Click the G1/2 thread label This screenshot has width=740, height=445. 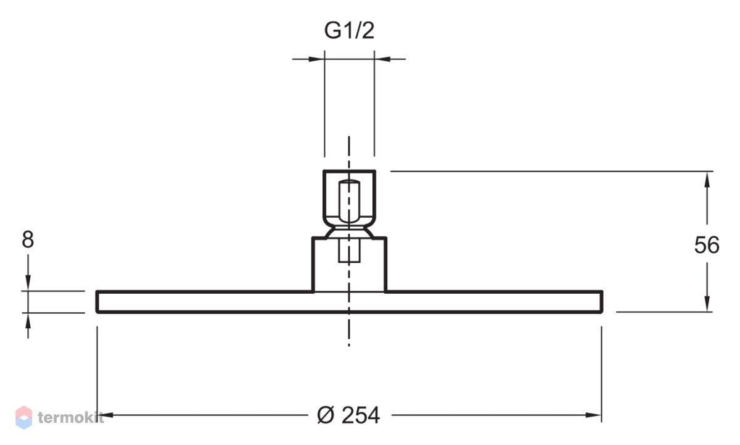[349, 30]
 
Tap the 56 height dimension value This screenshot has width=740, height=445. [707, 245]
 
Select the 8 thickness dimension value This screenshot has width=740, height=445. [28, 239]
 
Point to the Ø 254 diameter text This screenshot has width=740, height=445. [348, 415]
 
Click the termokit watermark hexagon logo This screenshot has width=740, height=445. [24, 418]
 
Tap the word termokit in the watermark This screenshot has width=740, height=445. [71, 418]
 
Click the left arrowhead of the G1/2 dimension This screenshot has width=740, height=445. [316, 59]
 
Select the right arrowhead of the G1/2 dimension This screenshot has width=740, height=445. [382, 59]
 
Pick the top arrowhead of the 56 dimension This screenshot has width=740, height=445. [707, 180]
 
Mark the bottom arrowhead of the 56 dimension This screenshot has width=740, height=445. [707, 304]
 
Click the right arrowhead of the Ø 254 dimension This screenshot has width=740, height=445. [593, 415]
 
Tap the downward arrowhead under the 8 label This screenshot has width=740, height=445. [28, 283]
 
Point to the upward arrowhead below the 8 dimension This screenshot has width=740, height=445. [28, 321]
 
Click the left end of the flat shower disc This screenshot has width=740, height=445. [97, 302]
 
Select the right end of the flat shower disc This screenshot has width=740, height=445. [602, 302]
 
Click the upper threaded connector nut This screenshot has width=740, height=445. [349, 198]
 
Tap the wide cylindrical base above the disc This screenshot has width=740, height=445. [349, 265]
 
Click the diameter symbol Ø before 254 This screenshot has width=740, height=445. [326, 415]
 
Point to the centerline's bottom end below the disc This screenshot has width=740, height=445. [349, 346]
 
